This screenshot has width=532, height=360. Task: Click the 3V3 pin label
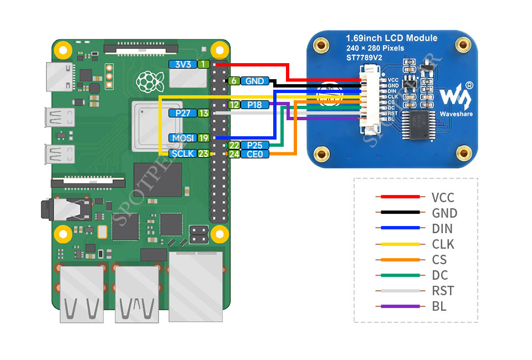(182, 64)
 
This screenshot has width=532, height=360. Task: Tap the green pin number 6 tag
(234, 81)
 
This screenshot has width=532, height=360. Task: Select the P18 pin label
(254, 105)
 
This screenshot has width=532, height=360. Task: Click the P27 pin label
(182, 113)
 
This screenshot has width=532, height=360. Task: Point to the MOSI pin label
(182, 138)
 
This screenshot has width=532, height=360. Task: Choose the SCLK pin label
(182, 153)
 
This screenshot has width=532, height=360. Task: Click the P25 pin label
(254, 146)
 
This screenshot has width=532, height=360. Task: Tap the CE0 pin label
(254, 154)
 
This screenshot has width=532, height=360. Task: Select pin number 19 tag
(203, 138)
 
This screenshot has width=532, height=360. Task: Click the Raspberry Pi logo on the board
(150, 82)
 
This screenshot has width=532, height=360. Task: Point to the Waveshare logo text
(456, 114)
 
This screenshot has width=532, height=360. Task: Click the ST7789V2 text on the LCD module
(364, 58)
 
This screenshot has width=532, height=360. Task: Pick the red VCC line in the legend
(400, 197)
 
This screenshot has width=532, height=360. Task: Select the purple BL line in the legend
(400, 306)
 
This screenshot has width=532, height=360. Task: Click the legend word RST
(443, 291)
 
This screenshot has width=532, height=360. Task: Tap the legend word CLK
(443, 244)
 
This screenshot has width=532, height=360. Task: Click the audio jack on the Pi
(66, 209)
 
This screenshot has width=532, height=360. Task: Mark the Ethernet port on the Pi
(196, 286)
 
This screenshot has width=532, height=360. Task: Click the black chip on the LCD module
(418, 125)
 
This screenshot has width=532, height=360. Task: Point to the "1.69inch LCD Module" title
(392, 38)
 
